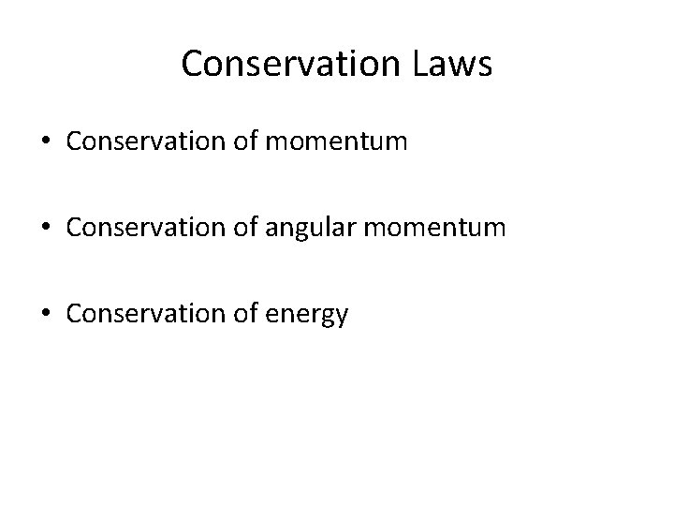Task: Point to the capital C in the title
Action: point(193,64)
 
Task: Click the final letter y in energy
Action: point(341,318)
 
